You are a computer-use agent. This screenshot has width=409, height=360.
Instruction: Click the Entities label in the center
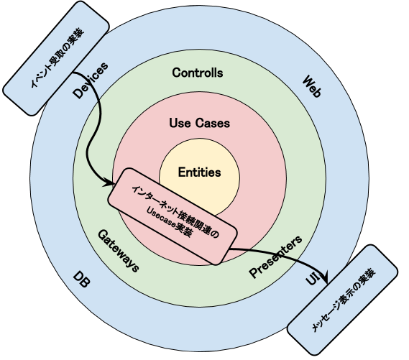pyautogui.click(x=199, y=172)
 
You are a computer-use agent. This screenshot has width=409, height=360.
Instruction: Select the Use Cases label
pyautogui.click(x=199, y=123)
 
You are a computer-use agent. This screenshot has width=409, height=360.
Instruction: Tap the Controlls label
pyautogui.click(x=198, y=73)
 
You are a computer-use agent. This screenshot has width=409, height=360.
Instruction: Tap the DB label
pyautogui.click(x=82, y=281)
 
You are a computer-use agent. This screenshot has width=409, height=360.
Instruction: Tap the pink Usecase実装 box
pyautogui.click(x=173, y=215)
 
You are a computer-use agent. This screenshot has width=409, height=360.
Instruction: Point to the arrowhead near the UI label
pyautogui.click(x=325, y=276)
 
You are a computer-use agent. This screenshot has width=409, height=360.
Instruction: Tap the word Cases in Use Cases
pyautogui.click(x=213, y=123)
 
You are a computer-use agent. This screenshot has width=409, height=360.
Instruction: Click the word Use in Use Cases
pyautogui.click(x=179, y=123)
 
